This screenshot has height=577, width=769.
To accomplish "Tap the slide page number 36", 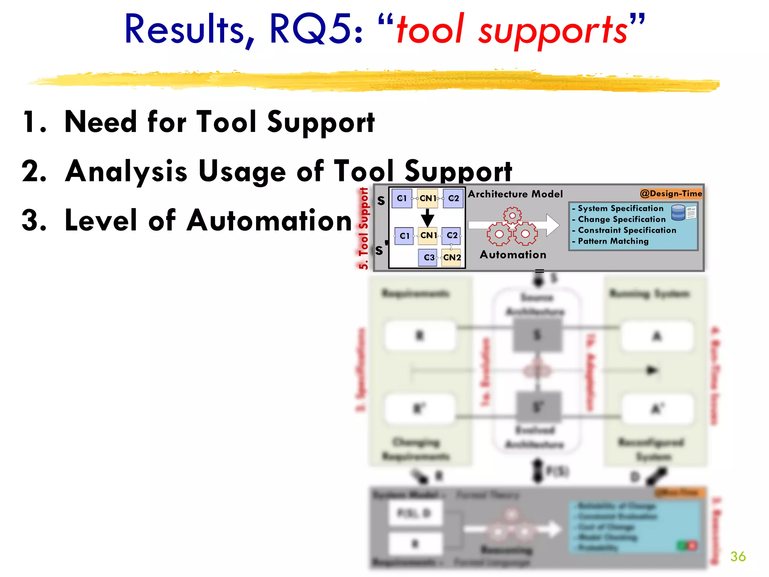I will point(738,556).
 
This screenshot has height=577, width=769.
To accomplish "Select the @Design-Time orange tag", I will point(671,193).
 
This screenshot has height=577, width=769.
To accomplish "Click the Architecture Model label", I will point(515,194).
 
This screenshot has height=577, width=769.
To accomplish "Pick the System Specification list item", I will point(620,208).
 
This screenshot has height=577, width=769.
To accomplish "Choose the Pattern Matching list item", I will point(613,241).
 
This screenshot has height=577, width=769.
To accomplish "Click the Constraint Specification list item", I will point(627,230).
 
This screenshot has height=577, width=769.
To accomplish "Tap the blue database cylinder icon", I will point(678,213).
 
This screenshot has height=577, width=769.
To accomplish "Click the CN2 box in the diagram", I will point(451,258).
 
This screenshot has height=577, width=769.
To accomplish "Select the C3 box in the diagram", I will point(428,258).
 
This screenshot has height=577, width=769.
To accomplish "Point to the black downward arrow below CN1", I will point(427,217).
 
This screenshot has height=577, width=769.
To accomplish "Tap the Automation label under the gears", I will point(513,255).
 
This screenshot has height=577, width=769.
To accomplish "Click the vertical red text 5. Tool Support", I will point(363,228).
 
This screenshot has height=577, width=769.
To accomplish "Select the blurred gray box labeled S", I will point(537,335).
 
